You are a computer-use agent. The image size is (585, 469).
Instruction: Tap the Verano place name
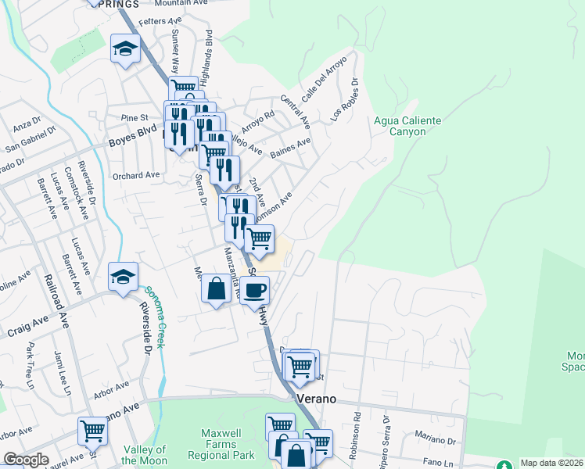pos(316,399)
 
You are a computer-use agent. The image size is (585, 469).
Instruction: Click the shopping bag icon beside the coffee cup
pos(217,288)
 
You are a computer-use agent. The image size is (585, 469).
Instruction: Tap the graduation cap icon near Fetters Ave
pos(125,49)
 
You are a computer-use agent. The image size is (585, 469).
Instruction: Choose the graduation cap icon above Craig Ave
pos(123,277)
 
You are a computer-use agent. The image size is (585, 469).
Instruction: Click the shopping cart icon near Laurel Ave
pos(92,431)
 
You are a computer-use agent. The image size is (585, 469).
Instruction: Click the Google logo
pos(26,460)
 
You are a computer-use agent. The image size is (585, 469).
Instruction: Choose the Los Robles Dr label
pos(344,98)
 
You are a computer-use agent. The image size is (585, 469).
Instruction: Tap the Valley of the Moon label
pos(145,455)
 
